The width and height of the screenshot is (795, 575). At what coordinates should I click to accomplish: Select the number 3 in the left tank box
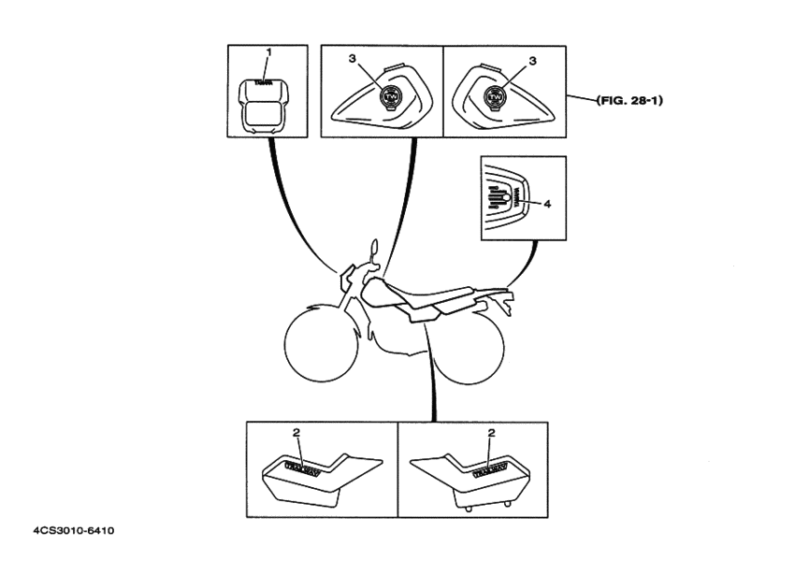click(352, 59)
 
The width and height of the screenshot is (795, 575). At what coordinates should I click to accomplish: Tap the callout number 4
click(548, 202)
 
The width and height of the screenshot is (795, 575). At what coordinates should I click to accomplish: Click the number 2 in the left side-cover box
click(296, 433)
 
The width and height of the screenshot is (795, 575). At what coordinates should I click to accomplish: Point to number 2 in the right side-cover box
click(491, 433)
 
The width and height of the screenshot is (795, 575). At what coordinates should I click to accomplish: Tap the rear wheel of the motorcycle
click(471, 347)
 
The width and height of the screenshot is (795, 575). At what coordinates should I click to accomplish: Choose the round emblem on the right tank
click(493, 96)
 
